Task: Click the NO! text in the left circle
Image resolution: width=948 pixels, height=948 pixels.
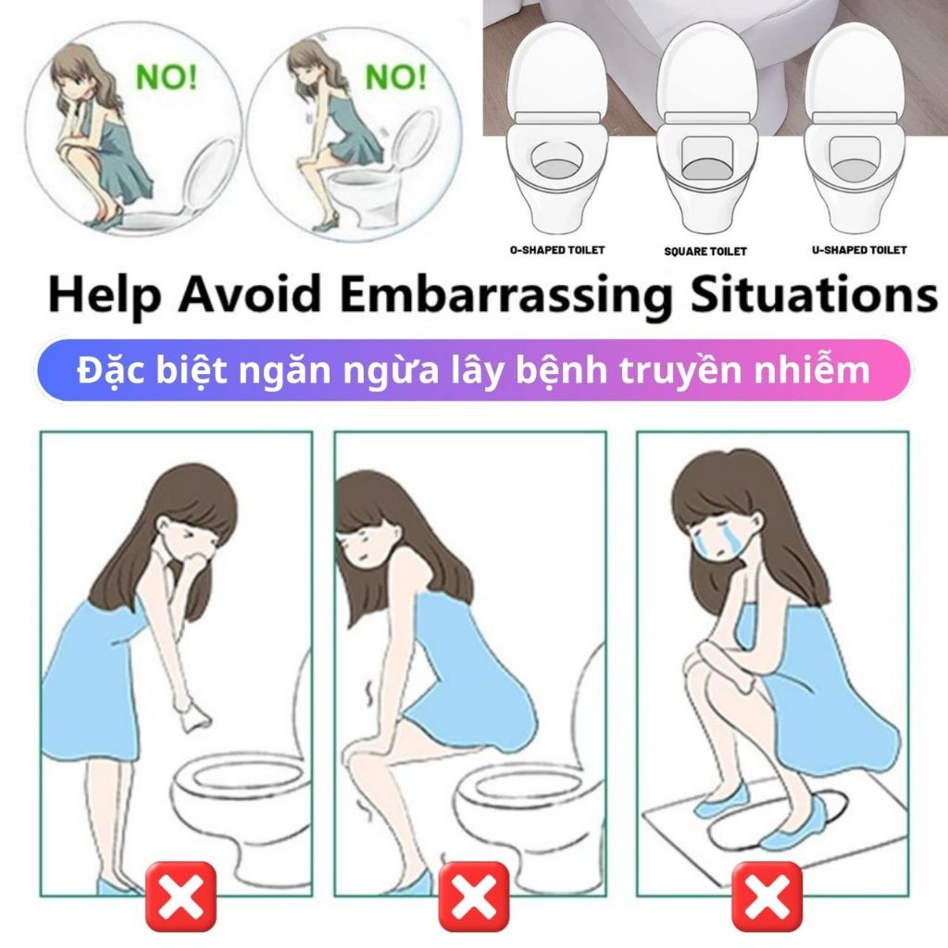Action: pos(167,77)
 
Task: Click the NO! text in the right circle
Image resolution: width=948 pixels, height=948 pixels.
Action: pos(396,77)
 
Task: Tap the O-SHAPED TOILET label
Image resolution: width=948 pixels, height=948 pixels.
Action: pos(556,250)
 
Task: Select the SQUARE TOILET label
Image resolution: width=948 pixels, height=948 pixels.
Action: pos(705,251)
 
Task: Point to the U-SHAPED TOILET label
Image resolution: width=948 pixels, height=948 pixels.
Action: pos(859,250)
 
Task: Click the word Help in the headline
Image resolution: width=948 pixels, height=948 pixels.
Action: pos(105,294)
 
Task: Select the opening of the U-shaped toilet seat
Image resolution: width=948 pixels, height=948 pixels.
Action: pos(855,158)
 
